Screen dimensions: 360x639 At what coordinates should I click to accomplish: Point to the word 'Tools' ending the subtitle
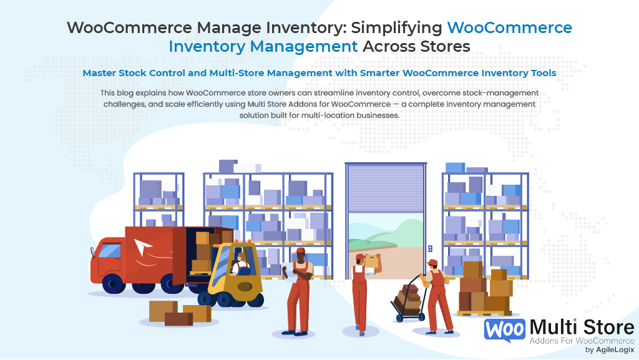[x=541, y=73]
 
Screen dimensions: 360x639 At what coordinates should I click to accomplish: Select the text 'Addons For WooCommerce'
[x=581, y=341]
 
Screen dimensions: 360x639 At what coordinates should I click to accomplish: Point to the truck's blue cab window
[x=109, y=251]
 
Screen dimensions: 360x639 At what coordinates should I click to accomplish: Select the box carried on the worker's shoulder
[x=373, y=261]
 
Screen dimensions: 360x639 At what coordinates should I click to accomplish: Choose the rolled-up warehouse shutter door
[x=386, y=187]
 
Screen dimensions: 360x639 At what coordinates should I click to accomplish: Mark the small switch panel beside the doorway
[x=430, y=248]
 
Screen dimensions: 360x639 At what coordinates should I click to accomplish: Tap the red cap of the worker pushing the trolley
[x=432, y=263]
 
